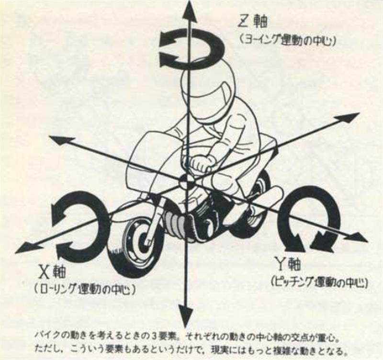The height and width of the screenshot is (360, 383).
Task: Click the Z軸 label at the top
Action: point(253,22)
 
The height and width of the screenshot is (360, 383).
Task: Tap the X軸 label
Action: point(53,272)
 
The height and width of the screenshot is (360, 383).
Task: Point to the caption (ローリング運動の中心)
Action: point(85,289)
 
